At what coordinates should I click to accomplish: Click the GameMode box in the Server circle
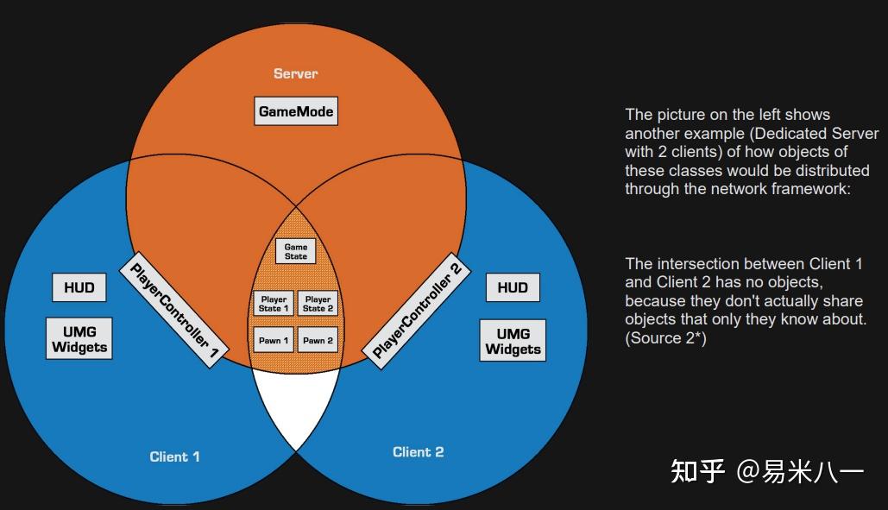[x=296, y=111]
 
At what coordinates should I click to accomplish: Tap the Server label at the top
[x=295, y=73]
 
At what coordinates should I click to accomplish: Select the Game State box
[x=295, y=251]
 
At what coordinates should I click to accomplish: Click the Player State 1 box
[x=274, y=304]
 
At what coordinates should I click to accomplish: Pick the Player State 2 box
[x=318, y=304]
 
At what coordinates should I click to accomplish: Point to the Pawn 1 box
[x=274, y=340]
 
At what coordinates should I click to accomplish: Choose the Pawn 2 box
[x=318, y=340]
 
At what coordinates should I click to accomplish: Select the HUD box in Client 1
[x=79, y=287]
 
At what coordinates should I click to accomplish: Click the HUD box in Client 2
[x=513, y=287]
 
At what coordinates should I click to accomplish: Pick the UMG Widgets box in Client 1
[x=79, y=339]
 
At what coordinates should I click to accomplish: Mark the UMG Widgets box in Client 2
[x=513, y=341]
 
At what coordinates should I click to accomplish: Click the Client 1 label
[x=174, y=456]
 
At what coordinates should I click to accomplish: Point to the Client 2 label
[x=418, y=451]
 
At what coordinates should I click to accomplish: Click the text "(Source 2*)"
[x=665, y=338]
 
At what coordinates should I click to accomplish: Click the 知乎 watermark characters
[x=698, y=471]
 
